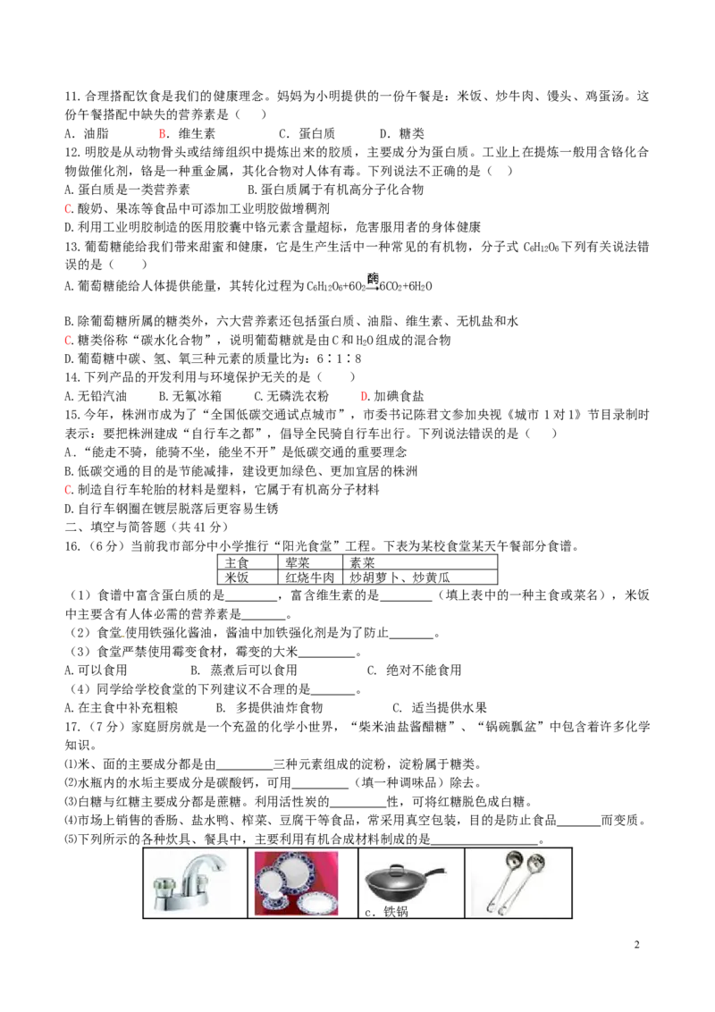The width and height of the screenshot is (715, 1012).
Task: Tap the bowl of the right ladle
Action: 536,863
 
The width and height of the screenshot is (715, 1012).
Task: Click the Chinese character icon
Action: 373,282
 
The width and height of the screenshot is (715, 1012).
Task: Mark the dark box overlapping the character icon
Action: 382,286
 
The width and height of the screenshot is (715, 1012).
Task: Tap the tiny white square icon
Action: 74,454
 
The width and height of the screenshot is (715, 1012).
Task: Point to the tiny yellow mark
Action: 124,637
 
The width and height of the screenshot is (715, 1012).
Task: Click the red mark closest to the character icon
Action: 364,396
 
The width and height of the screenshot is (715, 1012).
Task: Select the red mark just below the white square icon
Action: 68,490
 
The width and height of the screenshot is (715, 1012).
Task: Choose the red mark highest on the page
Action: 162,135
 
